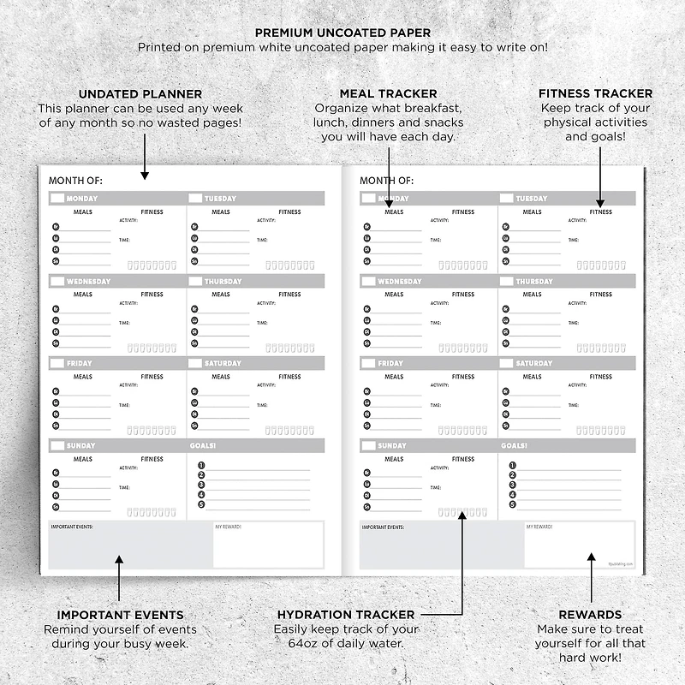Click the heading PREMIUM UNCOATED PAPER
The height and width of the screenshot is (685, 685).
click(x=342, y=33)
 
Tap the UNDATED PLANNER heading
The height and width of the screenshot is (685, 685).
click(x=140, y=93)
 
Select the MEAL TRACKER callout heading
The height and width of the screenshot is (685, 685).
click(x=388, y=93)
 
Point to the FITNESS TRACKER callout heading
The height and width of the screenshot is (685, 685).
click(x=595, y=93)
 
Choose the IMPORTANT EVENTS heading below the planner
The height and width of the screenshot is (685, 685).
click(x=120, y=615)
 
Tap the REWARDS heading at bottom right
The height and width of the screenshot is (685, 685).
click(x=590, y=615)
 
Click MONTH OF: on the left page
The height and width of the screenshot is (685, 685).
click(x=75, y=181)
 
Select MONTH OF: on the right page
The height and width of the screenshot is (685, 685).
click(x=386, y=181)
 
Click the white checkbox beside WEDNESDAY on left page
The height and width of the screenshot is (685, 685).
click(x=57, y=281)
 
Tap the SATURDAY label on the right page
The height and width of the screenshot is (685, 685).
click(x=533, y=363)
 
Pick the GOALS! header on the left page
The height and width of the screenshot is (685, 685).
click(x=203, y=445)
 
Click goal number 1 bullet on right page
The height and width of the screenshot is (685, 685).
click(x=512, y=466)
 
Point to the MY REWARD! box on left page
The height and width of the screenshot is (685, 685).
click(x=269, y=545)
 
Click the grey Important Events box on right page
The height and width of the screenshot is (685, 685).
click(x=441, y=549)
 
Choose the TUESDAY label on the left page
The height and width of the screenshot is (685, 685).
click(x=220, y=199)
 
